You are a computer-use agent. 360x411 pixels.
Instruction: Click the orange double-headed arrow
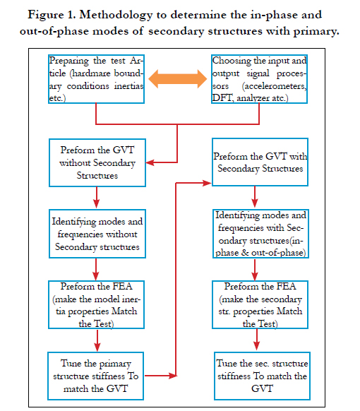177,78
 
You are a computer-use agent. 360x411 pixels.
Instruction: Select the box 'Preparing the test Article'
96,79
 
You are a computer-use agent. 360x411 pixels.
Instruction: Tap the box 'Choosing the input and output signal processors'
259,79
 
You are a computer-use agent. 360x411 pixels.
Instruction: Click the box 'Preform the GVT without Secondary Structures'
97,162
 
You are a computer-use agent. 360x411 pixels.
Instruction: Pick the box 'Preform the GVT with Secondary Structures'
260,162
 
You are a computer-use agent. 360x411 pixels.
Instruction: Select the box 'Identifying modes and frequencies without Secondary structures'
97,234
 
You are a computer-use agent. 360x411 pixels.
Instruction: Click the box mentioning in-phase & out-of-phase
260,234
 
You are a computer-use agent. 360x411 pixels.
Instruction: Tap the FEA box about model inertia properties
96,304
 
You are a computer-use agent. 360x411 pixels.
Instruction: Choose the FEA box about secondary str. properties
260,304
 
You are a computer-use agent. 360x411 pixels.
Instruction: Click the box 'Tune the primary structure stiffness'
95,376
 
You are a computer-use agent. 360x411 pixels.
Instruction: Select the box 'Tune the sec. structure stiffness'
262,376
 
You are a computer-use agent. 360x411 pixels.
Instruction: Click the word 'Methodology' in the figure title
116,16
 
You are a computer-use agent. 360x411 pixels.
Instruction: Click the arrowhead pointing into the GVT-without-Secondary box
150,162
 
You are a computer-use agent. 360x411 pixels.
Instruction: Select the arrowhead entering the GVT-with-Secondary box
207,183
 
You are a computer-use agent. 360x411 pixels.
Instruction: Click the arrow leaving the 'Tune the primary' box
161,376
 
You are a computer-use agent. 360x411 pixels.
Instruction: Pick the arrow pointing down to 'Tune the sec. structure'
257,340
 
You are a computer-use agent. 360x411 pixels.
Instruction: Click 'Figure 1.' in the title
52,15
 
